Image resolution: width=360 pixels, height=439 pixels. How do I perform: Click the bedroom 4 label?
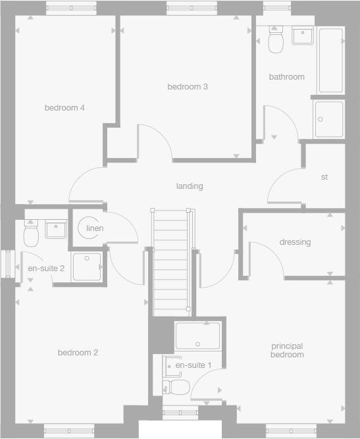(64, 108)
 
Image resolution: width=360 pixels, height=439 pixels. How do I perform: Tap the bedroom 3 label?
(188, 87)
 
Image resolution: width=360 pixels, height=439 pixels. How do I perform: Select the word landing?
(190, 186)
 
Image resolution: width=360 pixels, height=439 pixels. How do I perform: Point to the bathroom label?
(286, 77)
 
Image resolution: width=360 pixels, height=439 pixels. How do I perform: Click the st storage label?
(324, 178)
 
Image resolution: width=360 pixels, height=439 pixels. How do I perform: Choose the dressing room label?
(295, 242)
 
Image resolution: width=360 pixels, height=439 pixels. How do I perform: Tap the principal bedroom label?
(287, 350)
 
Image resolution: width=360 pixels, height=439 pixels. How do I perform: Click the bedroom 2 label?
(78, 353)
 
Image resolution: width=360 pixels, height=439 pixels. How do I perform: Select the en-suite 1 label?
(193, 365)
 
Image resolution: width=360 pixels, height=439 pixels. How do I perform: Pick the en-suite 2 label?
(45, 269)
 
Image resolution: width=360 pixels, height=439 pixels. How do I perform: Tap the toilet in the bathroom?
(276, 40)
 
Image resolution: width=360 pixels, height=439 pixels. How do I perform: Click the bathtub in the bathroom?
(330, 61)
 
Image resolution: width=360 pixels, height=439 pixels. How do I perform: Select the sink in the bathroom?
(303, 36)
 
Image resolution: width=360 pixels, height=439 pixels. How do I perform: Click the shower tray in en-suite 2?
(86, 267)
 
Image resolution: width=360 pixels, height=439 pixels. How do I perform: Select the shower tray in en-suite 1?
(197, 336)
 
